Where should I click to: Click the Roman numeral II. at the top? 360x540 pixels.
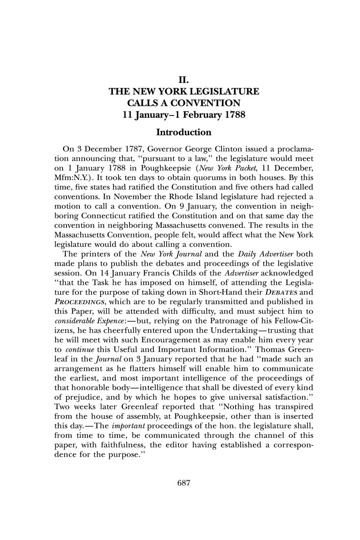click(x=184, y=81)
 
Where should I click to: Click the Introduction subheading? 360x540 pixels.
click(x=184, y=132)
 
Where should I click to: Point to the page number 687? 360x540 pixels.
click(x=184, y=483)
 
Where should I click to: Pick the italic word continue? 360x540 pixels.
click(x=79, y=349)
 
